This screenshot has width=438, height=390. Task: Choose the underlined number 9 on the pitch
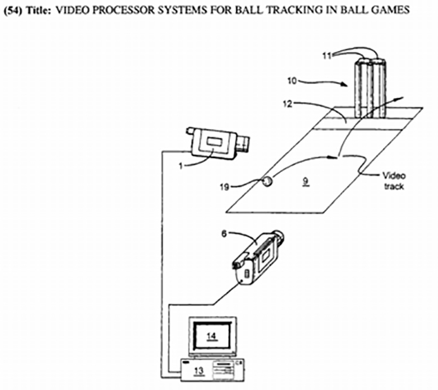click(x=306, y=181)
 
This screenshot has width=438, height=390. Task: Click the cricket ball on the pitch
click(x=267, y=181)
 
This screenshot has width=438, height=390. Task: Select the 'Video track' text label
click(x=392, y=181)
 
